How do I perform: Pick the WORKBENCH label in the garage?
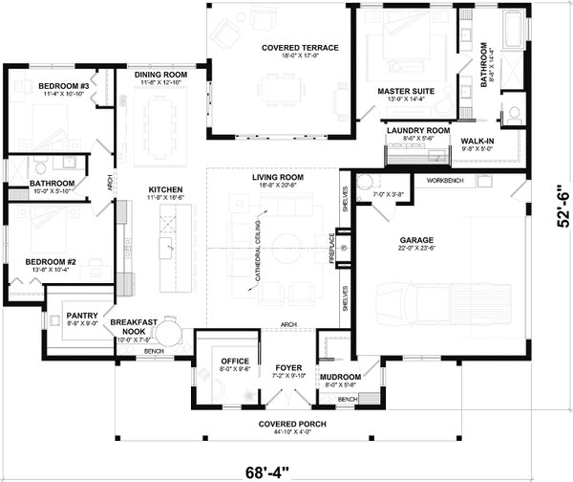(x=445, y=180)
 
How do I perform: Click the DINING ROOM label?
(x=159, y=75)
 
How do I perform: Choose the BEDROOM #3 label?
(x=64, y=86)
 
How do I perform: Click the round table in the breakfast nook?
(x=168, y=333)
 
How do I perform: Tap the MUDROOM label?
(x=341, y=377)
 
